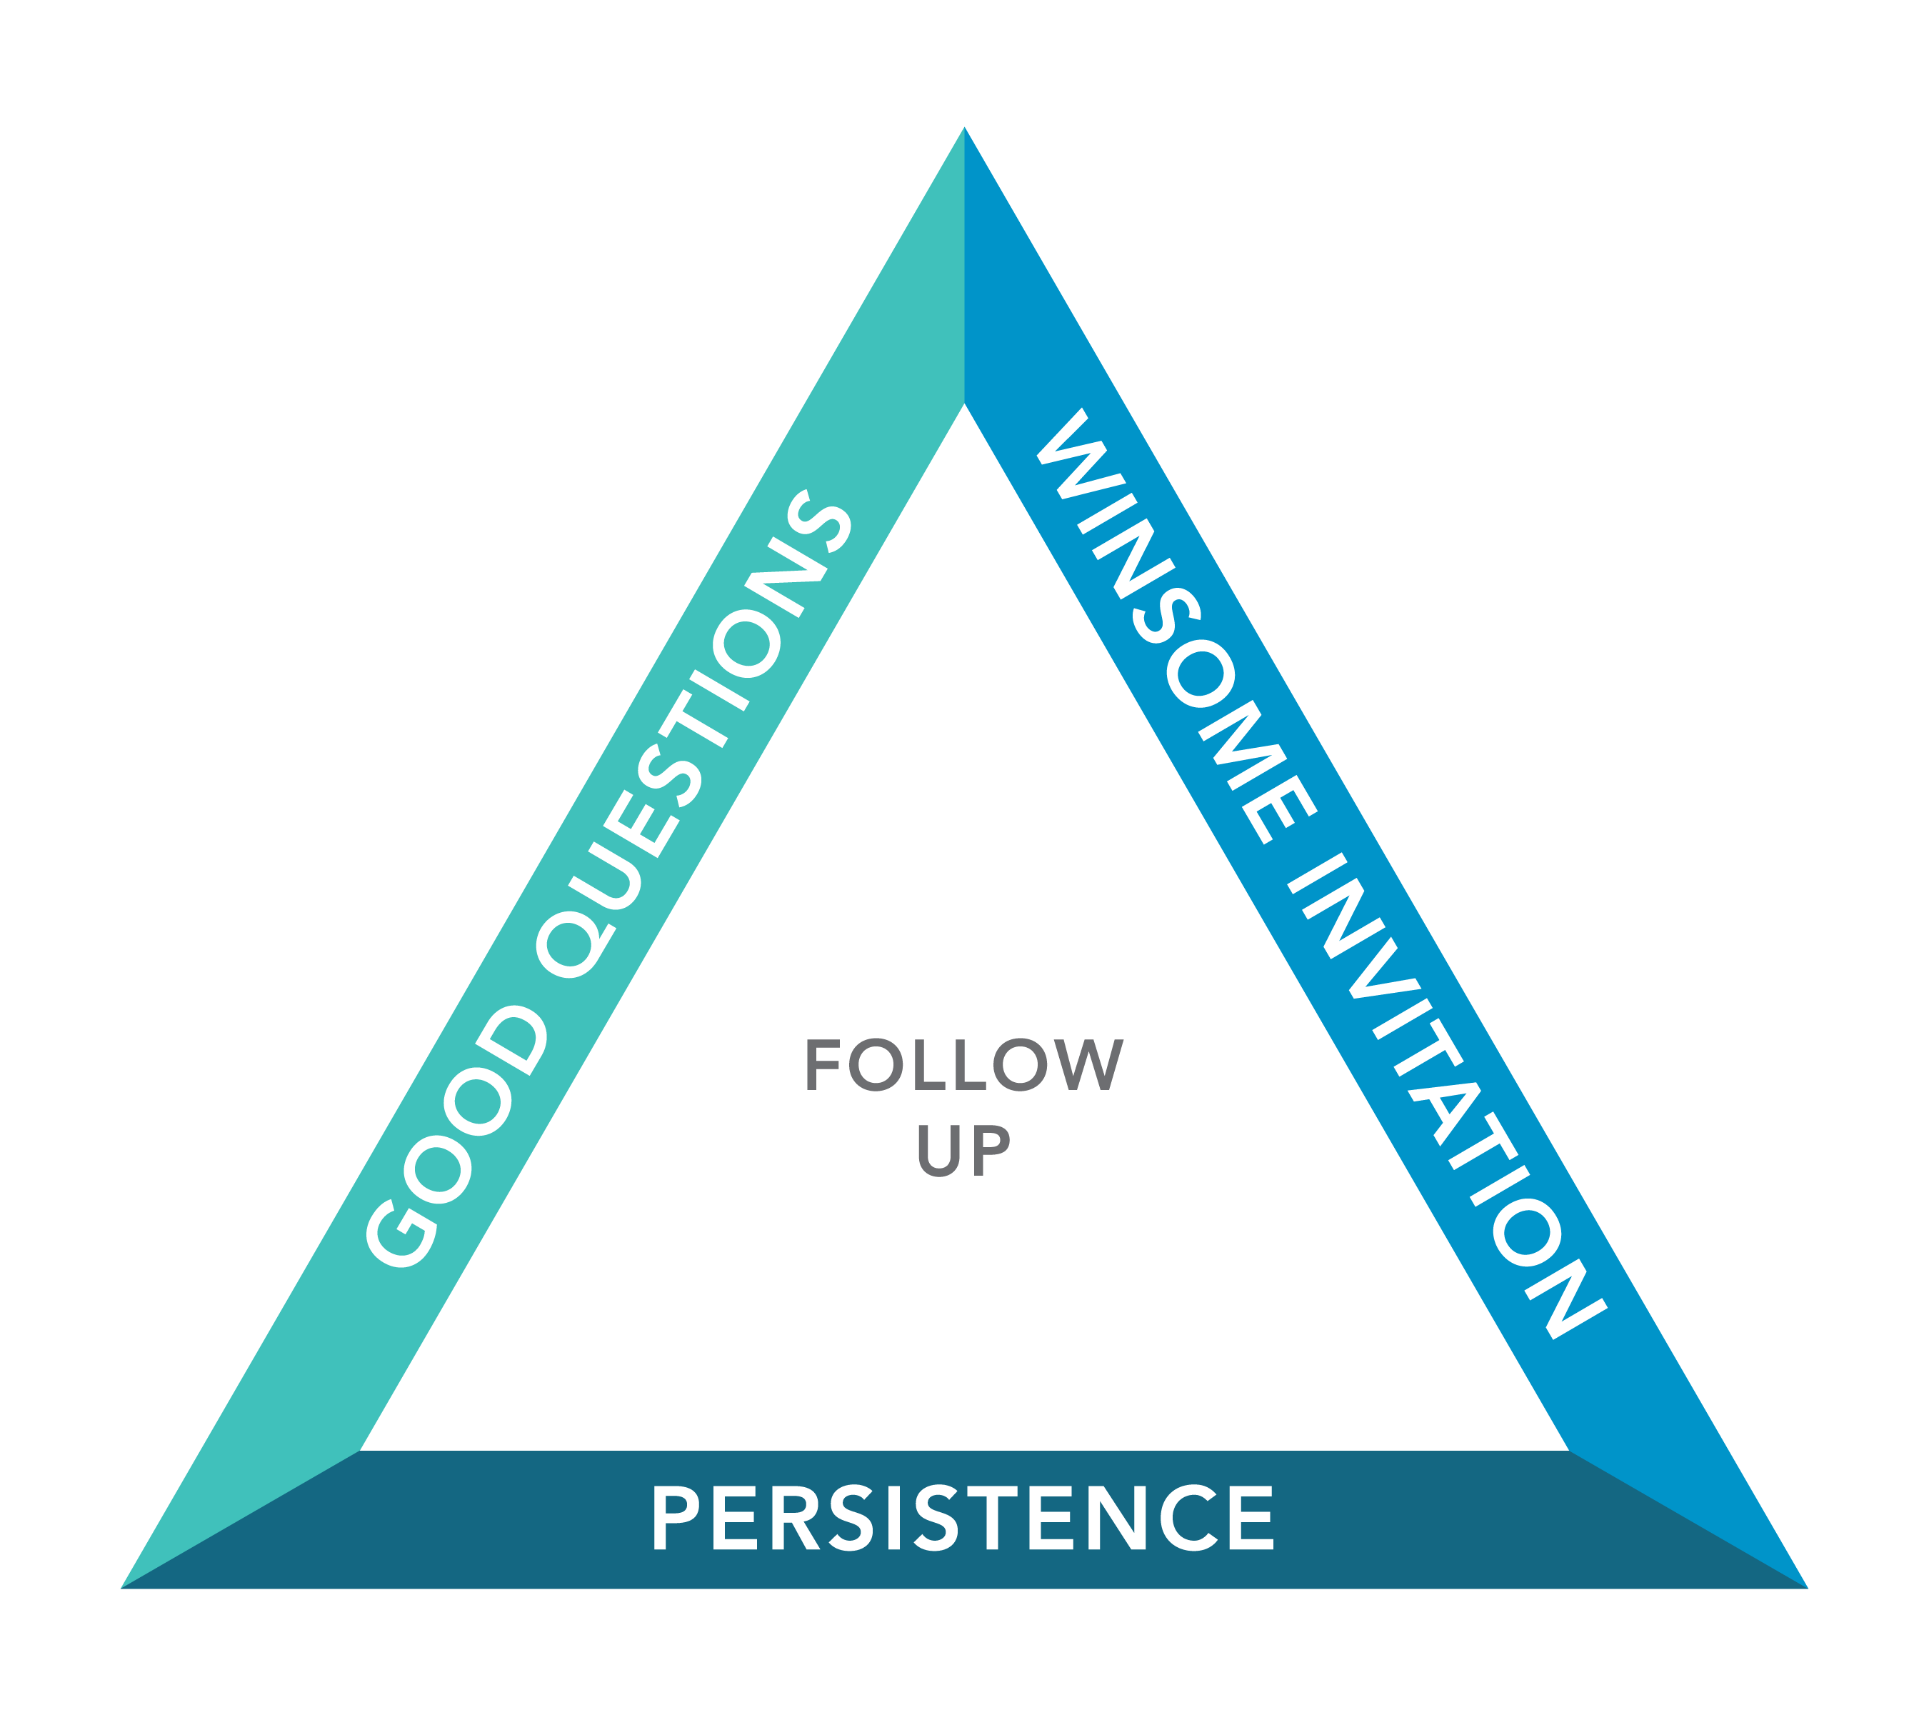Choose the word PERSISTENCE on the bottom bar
963,1517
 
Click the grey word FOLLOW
964,1065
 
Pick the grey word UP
963,1151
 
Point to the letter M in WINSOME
1243,746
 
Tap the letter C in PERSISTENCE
1189,1518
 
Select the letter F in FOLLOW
823,1065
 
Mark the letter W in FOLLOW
1089,1065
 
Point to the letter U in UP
939,1151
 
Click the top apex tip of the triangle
963,126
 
